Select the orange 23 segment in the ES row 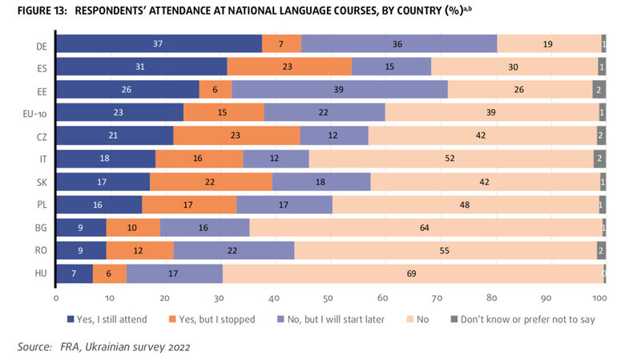tap(289, 67)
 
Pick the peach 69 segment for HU tap(412, 274)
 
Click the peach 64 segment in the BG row tap(425, 228)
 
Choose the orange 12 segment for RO tap(139, 251)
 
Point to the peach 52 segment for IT tap(451, 159)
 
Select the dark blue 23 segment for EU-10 tap(119, 113)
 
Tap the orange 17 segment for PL tap(189, 205)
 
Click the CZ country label tap(39, 136)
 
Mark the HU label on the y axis tap(39, 274)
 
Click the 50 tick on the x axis tap(329, 297)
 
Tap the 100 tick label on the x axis tap(599, 297)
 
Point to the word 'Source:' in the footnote tap(34, 346)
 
